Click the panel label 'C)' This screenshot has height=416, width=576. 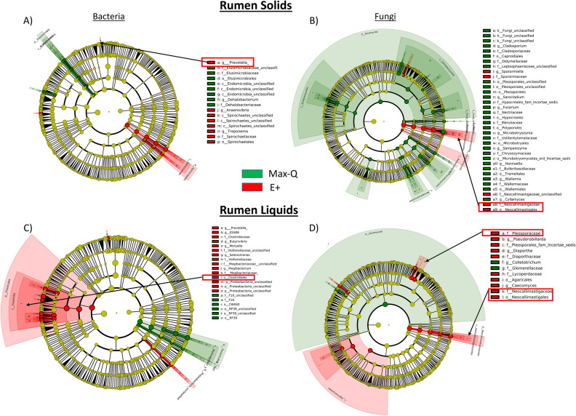pyautogui.click(x=9, y=231)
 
